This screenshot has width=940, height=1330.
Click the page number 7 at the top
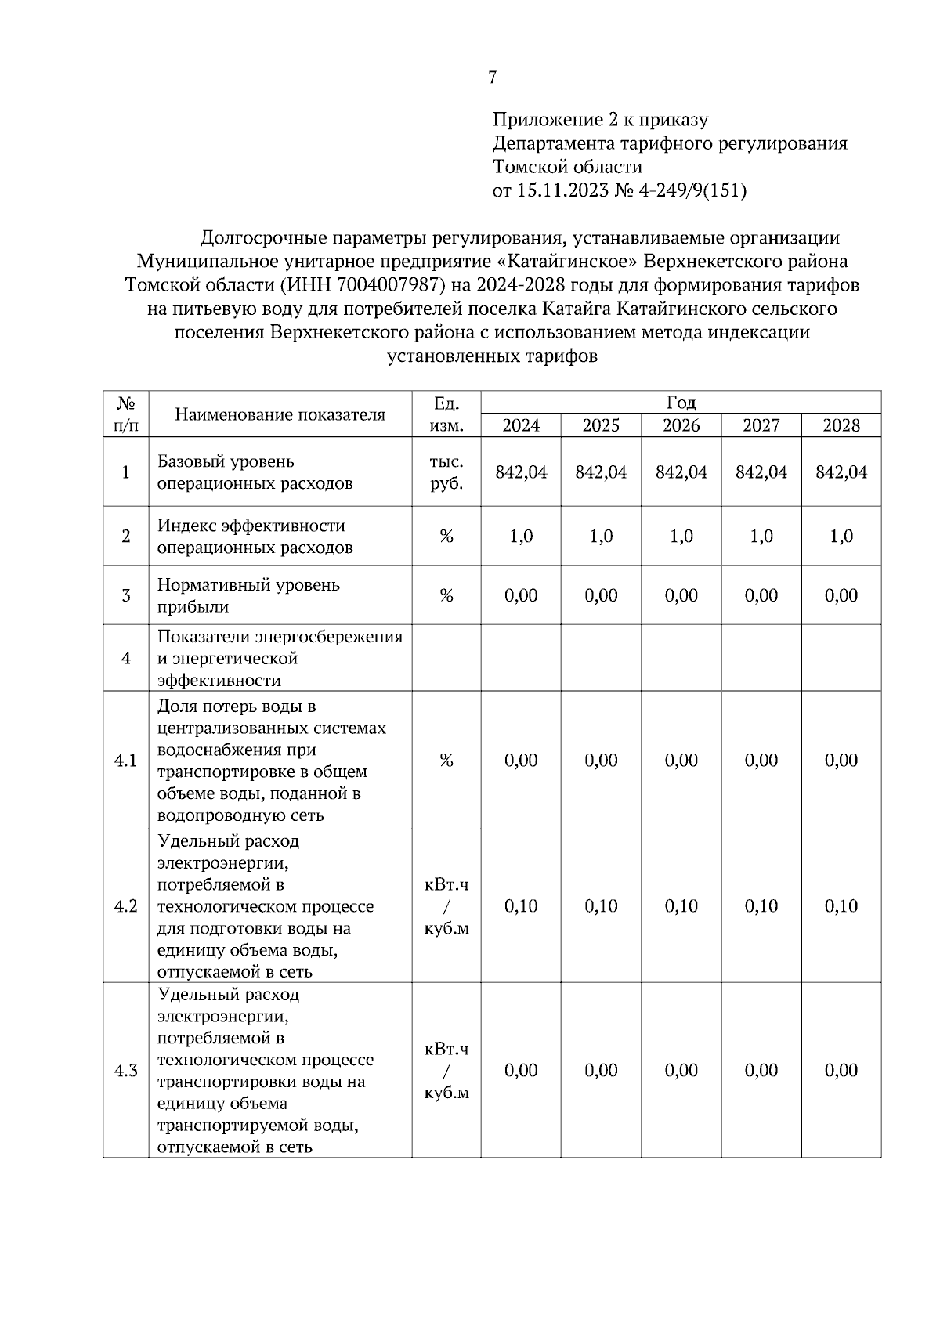492,78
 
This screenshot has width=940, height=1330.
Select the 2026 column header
681,425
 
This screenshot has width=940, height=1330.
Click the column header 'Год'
681,403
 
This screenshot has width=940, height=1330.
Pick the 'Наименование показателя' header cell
280,414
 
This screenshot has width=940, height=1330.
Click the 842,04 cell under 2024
521,472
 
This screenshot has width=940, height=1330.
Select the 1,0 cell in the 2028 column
841,537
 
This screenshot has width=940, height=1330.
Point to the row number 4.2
126,906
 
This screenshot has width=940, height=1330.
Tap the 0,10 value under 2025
601,906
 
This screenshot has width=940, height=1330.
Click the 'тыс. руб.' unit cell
446,472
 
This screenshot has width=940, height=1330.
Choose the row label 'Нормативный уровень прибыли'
248,595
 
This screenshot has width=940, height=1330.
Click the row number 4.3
126,1071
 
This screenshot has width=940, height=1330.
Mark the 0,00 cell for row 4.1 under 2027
761,761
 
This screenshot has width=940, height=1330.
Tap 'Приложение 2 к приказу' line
600,120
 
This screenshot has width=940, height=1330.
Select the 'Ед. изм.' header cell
446,414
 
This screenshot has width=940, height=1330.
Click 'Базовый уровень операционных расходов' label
255,472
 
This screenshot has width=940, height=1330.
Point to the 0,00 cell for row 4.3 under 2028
841,1071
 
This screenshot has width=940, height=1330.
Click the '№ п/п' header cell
126,414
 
